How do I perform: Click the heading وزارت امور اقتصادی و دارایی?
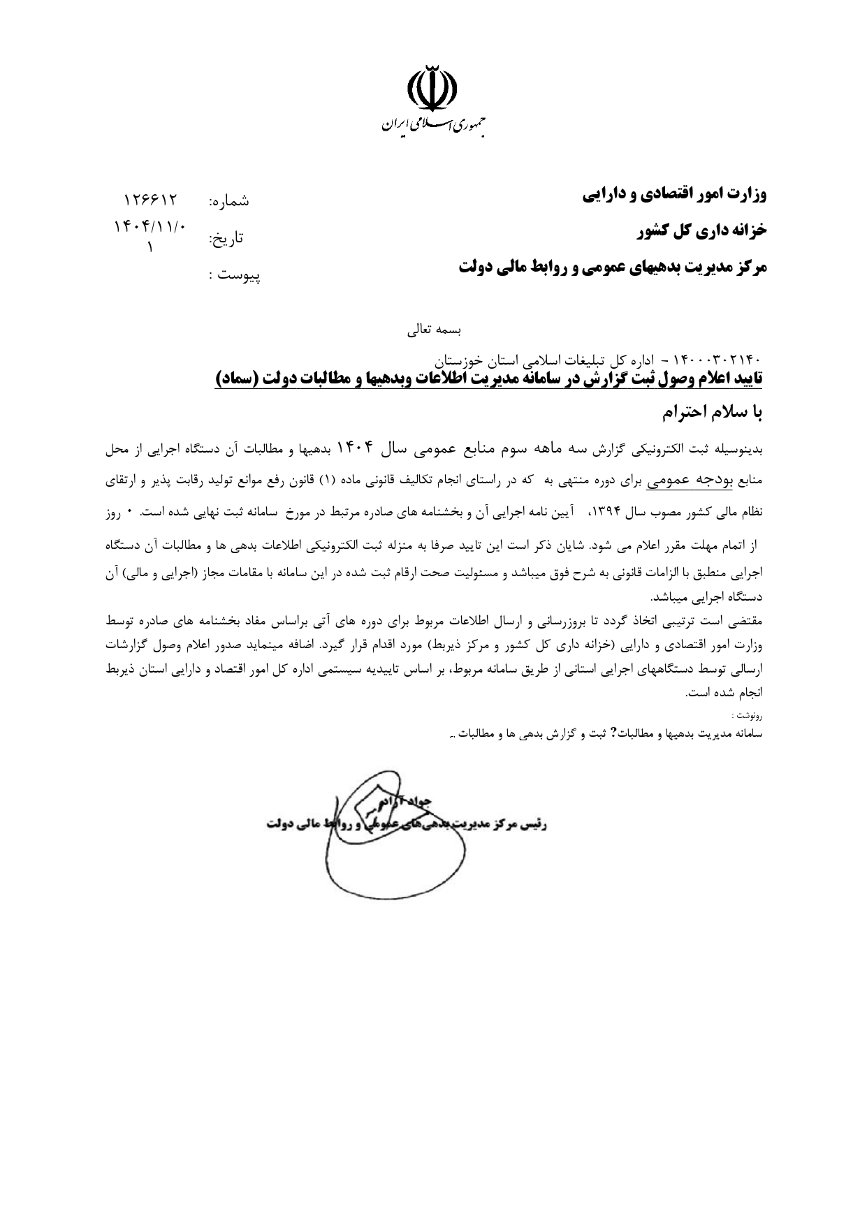click(675, 195)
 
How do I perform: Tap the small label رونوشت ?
click(747, 715)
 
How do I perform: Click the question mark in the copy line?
click(613, 733)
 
